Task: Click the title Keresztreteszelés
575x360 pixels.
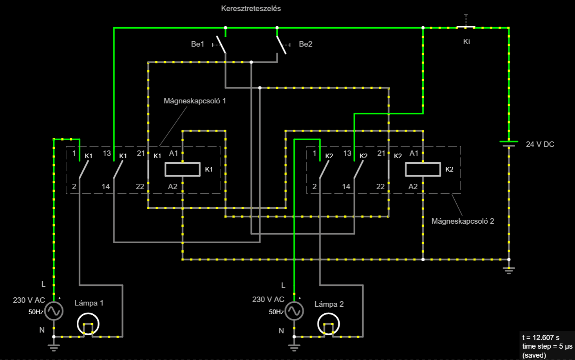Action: coord(251,9)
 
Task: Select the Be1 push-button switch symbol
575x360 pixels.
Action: coord(221,45)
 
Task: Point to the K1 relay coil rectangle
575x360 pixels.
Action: coord(183,170)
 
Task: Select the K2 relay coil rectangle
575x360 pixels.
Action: coord(423,170)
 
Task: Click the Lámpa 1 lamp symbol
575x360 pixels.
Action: coord(88,324)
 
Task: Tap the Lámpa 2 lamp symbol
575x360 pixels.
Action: coord(329,324)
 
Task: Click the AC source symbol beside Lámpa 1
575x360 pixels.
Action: coord(54,311)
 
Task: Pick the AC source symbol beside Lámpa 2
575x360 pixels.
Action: coord(294,311)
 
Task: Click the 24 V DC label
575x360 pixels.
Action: coord(540,144)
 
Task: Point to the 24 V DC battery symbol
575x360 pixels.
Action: coord(509,144)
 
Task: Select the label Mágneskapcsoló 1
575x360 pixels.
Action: coord(195,101)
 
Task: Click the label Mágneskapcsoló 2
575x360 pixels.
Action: coord(463,221)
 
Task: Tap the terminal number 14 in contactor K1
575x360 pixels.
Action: coord(105,186)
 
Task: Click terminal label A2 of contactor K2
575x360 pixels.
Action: coord(413,186)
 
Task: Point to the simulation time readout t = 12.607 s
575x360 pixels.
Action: coord(541,337)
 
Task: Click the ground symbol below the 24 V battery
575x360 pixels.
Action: coord(509,270)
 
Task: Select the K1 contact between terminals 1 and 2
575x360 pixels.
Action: coord(84,170)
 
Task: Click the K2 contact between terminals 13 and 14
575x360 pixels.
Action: coord(359,170)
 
